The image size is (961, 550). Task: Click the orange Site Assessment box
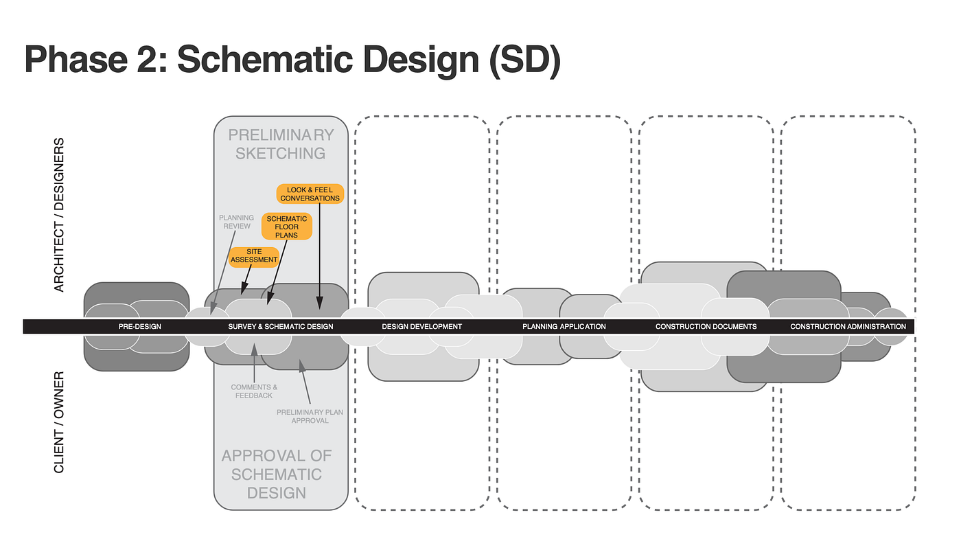coord(254,256)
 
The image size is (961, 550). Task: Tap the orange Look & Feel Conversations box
coord(310,194)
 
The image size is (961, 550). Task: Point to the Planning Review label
coord(236,222)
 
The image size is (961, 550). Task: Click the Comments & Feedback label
coord(254,391)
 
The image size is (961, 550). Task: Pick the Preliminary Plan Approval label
coord(310,416)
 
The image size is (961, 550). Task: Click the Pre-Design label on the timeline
coord(139,327)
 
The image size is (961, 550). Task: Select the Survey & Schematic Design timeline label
coord(281,327)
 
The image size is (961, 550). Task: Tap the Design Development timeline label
coord(421,327)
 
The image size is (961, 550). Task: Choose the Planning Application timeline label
coord(564,327)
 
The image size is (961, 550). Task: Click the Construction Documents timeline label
coord(706,327)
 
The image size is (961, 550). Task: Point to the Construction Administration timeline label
coord(848,327)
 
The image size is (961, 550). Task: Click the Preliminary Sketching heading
coord(281,144)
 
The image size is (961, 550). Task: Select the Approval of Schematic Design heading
coord(277,474)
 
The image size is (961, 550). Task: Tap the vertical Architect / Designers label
coord(59,215)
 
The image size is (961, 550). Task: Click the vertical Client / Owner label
coord(59,422)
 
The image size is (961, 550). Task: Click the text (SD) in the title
coord(524,60)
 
